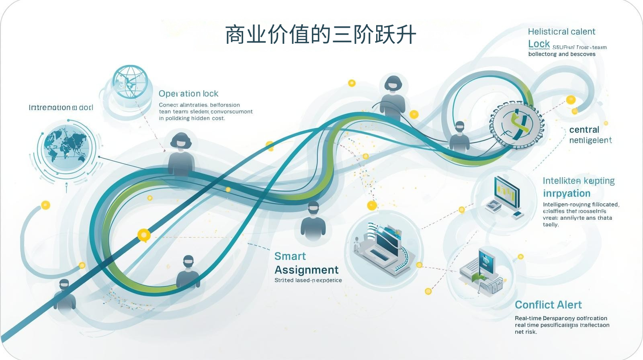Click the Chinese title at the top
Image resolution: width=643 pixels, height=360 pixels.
(x=320, y=35)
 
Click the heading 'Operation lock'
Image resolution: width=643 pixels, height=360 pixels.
(x=188, y=94)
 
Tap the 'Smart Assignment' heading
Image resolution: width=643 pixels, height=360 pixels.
(x=306, y=263)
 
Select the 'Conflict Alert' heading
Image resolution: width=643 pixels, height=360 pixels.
(x=548, y=305)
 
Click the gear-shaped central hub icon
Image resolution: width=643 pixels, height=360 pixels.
(x=516, y=124)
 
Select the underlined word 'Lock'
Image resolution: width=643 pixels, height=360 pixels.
(x=539, y=44)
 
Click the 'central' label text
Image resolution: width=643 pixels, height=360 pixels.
(x=584, y=130)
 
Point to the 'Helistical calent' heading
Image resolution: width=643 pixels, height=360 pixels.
(x=561, y=32)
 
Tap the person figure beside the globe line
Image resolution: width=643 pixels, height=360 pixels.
(x=181, y=155)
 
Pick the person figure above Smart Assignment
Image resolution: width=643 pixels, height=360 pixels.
(x=313, y=221)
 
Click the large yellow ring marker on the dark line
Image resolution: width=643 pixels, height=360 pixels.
(x=144, y=235)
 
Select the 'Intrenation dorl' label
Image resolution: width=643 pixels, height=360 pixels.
(x=61, y=108)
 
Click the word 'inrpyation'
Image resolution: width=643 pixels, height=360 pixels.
(x=567, y=194)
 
